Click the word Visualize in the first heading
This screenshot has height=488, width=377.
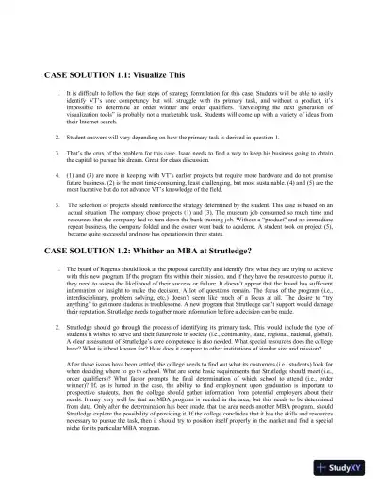pyautogui.click(x=156, y=73)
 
